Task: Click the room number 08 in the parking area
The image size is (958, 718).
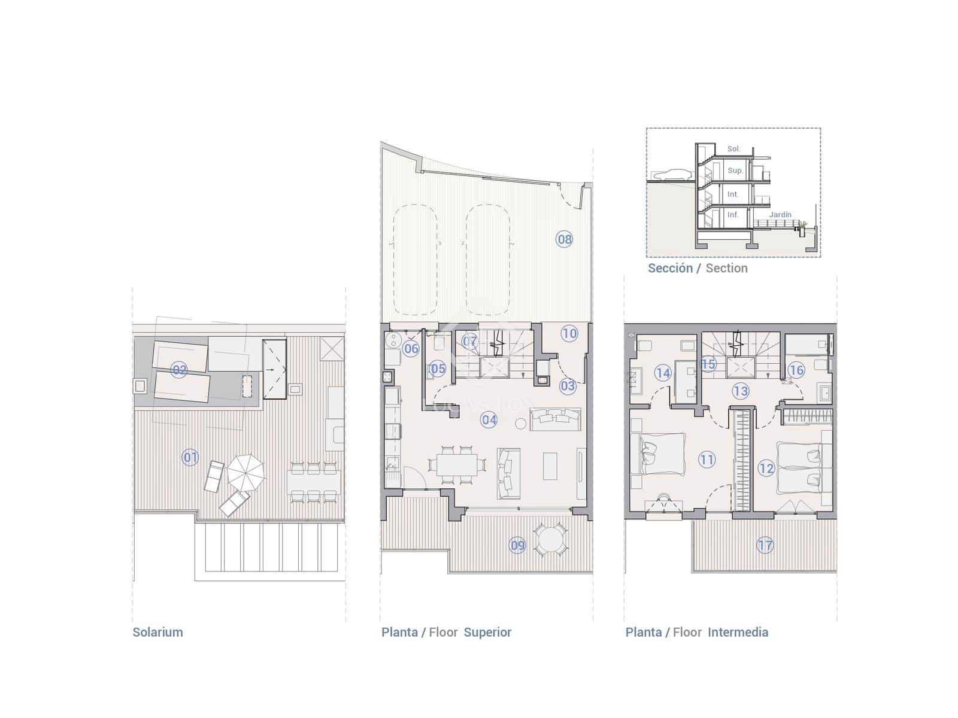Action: (x=564, y=239)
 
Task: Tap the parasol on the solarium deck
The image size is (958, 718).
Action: (x=245, y=471)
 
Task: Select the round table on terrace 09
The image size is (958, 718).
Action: (x=550, y=540)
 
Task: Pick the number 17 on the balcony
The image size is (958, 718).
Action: (x=765, y=545)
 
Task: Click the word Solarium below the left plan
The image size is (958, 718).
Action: (x=157, y=632)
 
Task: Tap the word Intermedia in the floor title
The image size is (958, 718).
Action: (x=738, y=632)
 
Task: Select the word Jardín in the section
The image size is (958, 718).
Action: (x=780, y=215)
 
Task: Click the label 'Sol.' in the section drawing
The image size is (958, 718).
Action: (x=733, y=149)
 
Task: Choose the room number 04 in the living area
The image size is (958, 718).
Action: (x=489, y=420)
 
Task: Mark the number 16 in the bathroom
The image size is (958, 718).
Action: (x=796, y=370)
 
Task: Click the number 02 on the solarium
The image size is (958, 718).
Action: (x=179, y=370)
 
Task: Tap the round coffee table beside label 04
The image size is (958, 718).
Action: (x=520, y=424)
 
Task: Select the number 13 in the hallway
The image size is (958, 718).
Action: (x=741, y=391)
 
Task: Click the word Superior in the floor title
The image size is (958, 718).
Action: (x=487, y=632)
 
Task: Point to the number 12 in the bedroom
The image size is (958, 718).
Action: (x=766, y=468)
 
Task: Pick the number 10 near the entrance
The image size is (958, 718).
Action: (x=569, y=334)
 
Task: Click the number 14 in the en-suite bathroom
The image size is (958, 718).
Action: (x=663, y=373)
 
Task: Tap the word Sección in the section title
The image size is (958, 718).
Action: (x=670, y=269)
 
